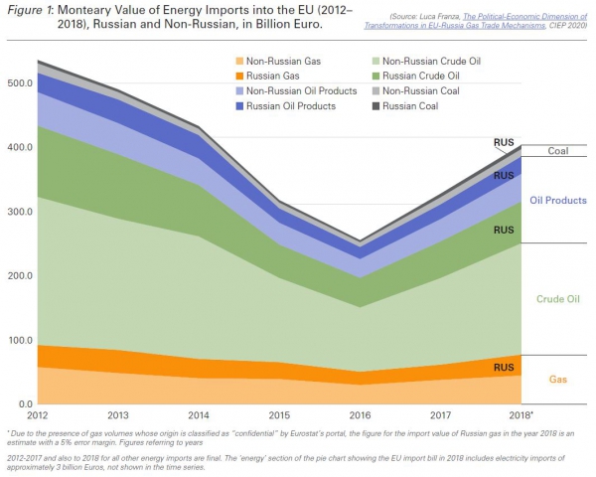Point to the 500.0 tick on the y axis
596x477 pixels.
pos(20,83)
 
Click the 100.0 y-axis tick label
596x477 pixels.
pos(20,341)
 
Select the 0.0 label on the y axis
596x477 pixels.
pos(24,404)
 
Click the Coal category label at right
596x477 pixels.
pos(557,151)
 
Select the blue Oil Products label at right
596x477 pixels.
pos(557,200)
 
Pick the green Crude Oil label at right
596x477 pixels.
pos(557,298)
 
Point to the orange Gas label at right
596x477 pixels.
pos(558,381)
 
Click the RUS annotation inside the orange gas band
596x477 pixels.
pos(503,368)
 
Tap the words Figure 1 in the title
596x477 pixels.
pos(29,9)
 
